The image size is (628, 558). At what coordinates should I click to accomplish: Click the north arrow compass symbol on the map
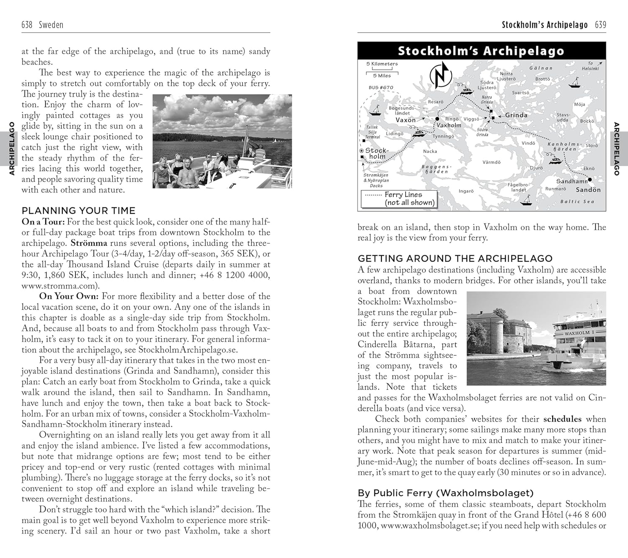click(441, 75)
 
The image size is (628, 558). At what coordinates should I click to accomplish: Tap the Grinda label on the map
click(516, 115)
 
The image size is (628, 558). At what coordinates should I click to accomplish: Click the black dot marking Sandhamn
click(590, 180)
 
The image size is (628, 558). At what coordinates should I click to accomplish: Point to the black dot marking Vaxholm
click(437, 119)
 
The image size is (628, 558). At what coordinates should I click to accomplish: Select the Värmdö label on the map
click(491, 162)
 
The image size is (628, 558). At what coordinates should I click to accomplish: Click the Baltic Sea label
click(577, 202)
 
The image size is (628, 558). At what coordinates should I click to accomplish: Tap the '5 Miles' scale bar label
click(382, 76)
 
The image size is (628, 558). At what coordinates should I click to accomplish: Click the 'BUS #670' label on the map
click(381, 87)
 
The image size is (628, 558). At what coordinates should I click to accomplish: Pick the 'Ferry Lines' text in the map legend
click(403, 195)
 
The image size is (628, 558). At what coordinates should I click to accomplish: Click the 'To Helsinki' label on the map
click(590, 66)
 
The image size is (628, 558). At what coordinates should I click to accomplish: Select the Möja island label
click(579, 104)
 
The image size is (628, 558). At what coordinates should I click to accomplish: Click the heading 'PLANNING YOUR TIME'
click(78, 211)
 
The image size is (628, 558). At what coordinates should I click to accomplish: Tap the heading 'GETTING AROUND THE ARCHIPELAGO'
click(455, 258)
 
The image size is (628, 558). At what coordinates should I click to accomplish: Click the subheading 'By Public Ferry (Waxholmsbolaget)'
click(445, 493)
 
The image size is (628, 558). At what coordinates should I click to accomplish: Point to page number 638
click(27, 25)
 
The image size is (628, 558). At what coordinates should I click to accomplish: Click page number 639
click(600, 25)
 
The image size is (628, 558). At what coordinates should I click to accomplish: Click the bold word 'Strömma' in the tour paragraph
click(89, 243)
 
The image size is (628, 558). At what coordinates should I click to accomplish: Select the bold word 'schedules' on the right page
click(562, 419)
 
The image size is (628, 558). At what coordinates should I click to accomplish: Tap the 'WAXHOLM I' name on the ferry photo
click(579, 333)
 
